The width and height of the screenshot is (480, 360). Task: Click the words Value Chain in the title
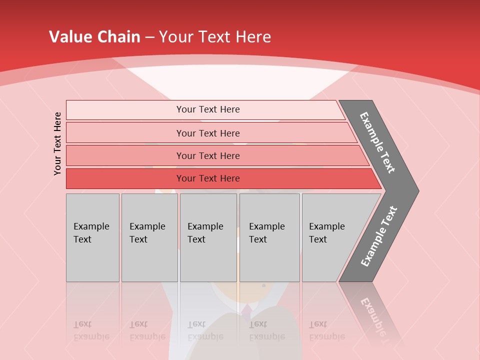(94, 37)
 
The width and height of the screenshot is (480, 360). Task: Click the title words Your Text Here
(215, 37)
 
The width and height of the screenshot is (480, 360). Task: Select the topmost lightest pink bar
(125, 109)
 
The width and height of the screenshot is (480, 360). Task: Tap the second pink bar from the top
(125, 133)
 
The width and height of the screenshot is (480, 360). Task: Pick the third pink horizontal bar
(125, 155)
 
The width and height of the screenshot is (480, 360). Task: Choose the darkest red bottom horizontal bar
(125, 178)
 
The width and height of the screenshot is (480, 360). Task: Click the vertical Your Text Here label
(57, 143)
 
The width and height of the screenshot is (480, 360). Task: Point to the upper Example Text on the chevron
(377, 142)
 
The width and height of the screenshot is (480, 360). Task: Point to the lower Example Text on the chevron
(379, 236)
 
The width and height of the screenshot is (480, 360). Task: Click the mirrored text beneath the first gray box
(91, 330)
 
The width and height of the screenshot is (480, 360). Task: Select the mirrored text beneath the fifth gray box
(326, 330)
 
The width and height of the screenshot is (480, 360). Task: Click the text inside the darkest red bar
(208, 178)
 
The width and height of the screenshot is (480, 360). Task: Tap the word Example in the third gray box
(205, 226)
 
